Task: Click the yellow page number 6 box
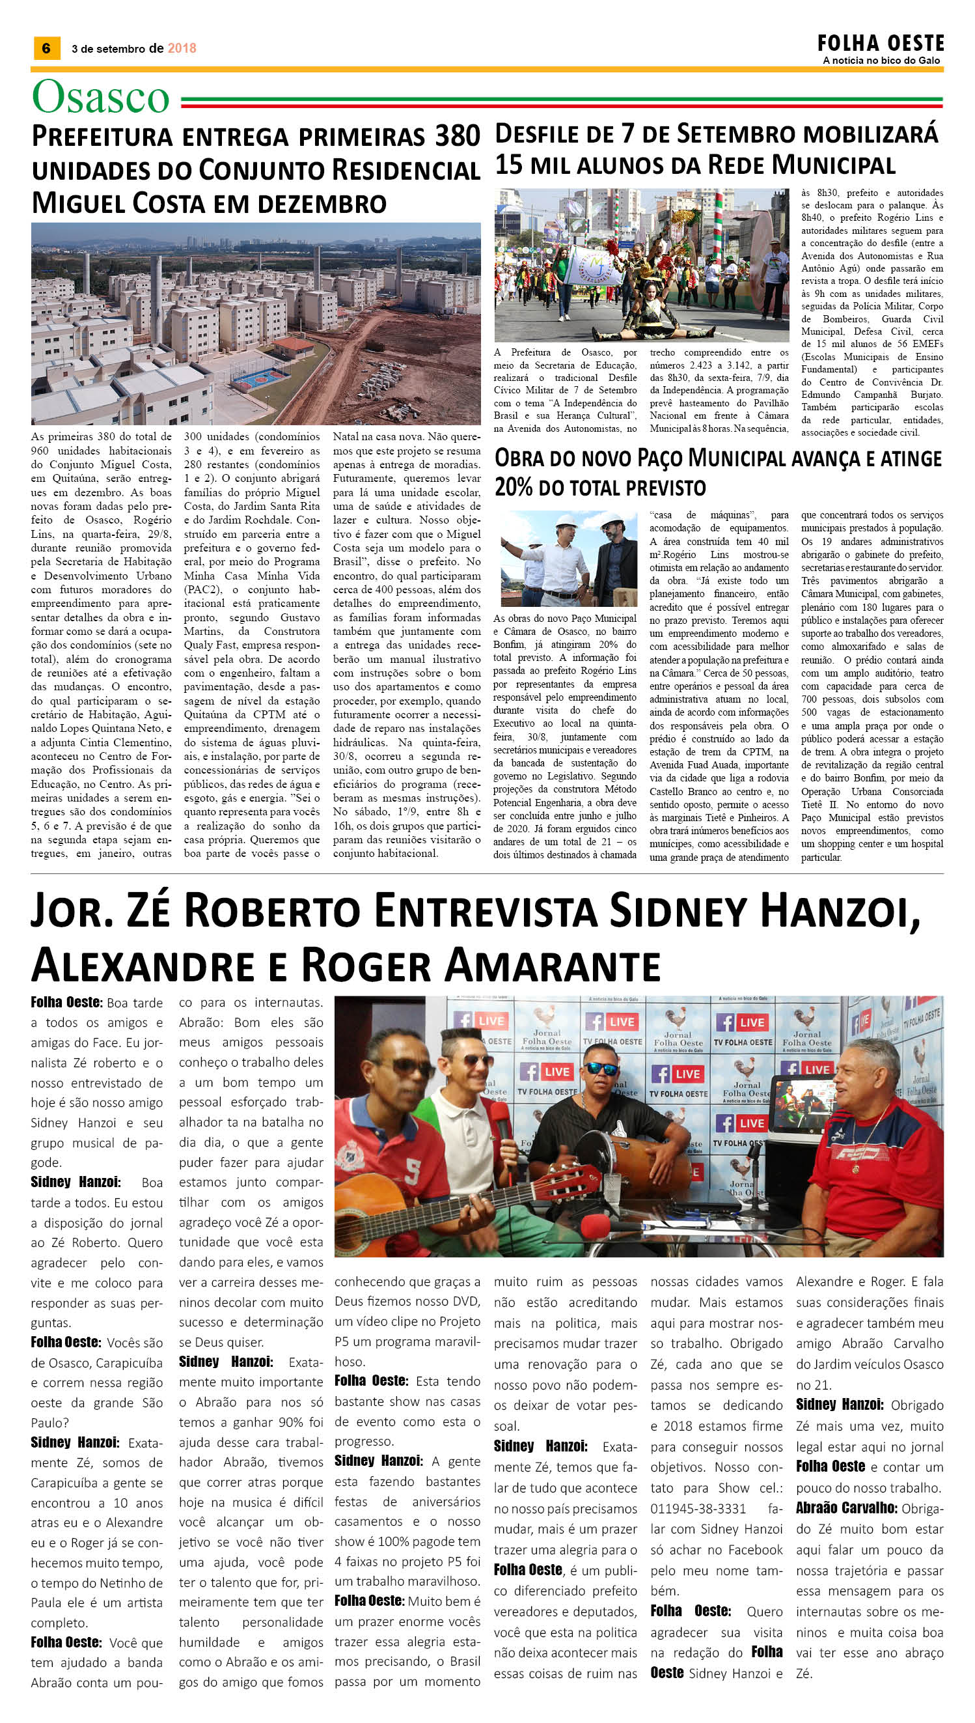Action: [x=46, y=48]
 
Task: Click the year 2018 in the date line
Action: [x=182, y=48]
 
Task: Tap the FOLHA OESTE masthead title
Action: [x=880, y=44]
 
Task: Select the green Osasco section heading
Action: [x=100, y=97]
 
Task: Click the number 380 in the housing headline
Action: [x=458, y=136]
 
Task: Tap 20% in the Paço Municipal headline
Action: [x=514, y=487]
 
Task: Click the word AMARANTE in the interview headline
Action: [x=554, y=966]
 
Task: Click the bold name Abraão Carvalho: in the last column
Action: [x=846, y=1508]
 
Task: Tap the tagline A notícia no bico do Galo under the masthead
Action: [x=881, y=61]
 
